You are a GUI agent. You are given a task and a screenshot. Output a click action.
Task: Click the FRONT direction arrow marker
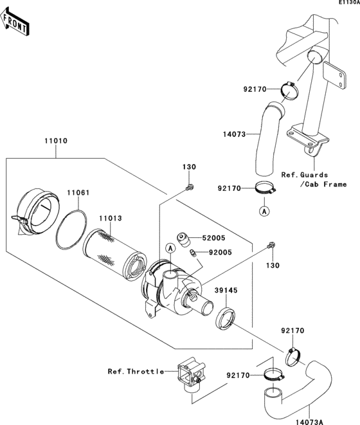[15, 24]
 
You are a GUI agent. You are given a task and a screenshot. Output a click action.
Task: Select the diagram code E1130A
[348, 3]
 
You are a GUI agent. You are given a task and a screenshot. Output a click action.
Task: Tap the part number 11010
[56, 140]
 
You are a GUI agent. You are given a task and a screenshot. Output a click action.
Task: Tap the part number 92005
[206, 253]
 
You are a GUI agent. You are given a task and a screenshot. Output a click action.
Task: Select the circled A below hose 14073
[263, 210]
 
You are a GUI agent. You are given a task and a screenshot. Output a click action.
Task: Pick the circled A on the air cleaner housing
[171, 248]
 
